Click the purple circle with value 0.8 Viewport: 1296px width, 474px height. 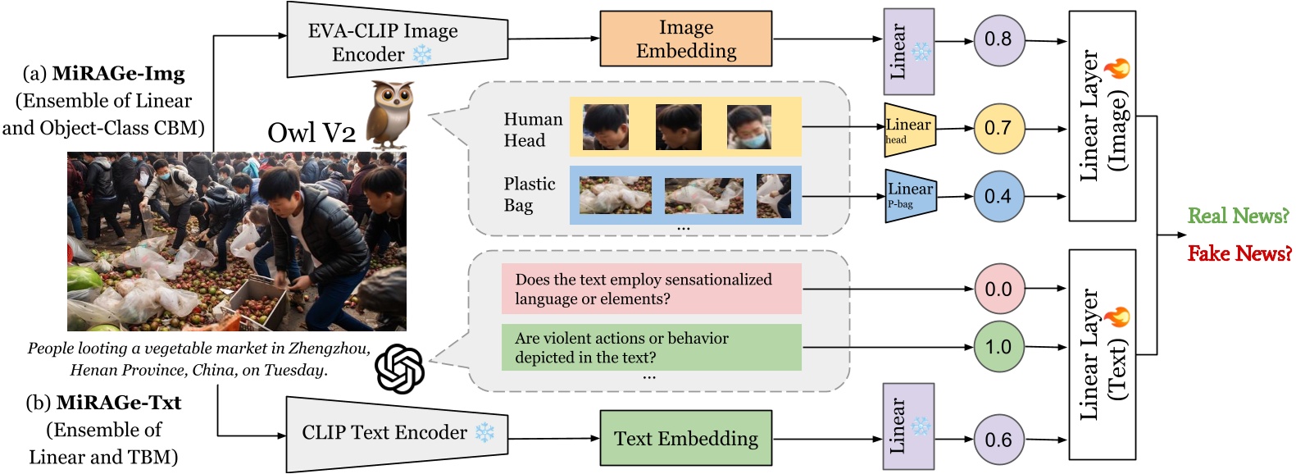coord(998,39)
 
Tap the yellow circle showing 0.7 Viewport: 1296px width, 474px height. coord(998,128)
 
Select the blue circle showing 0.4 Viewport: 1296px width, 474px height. coord(998,196)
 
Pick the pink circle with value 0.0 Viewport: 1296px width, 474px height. coord(998,289)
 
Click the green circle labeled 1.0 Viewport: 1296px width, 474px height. coord(998,347)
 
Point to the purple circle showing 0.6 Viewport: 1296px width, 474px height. coord(998,440)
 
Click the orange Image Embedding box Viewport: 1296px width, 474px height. coord(685,39)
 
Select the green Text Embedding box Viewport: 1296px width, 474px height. coord(685,439)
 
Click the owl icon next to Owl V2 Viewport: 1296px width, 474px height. coord(389,113)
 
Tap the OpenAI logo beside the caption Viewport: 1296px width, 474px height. coord(399,368)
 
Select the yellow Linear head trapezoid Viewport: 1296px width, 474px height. coord(909,129)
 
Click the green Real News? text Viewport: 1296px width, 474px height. coord(1238,216)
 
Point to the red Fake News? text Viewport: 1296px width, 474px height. coord(1239,253)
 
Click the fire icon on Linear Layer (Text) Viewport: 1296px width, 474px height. coord(1116,317)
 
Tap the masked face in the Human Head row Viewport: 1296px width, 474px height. coord(748,127)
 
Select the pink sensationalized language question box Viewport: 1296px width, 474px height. coord(651,289)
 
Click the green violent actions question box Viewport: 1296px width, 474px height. coord(651,347)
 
